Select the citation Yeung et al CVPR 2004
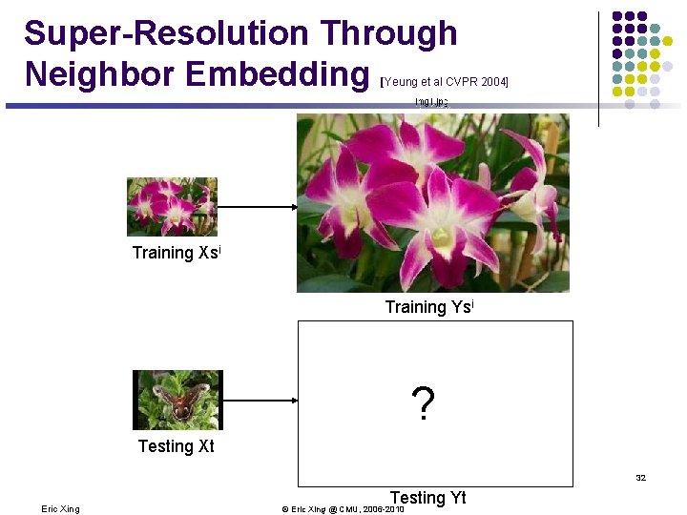(445, 82)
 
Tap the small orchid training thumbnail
(172, 207)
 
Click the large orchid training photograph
(432, 202)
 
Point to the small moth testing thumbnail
(177, 400)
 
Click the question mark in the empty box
(423, 404)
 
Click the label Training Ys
(429, 307)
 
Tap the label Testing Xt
(176, 446)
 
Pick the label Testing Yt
(428, 497)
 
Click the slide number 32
(640, 478)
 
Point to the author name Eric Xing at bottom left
(61, 509)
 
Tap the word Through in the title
(388, 33)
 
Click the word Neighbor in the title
(92, 73)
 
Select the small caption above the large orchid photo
(432, 101)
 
